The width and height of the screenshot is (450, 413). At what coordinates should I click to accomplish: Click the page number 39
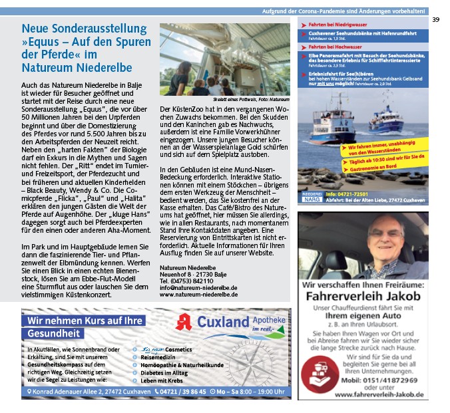pyautogui.click(x=435, y=20)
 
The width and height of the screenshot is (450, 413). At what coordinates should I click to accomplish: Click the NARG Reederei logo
pyautogui.click(x=311, y=196)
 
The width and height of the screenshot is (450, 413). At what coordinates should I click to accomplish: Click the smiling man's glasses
pyautogui.click(x=378, y=235)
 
